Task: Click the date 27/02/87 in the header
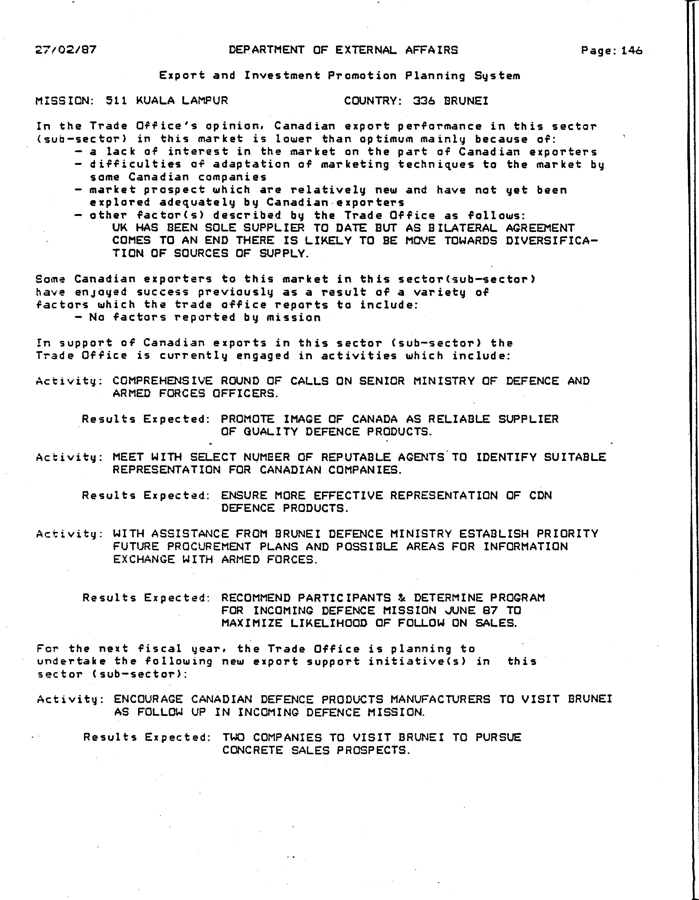pyautogui.click(x=66, y=50)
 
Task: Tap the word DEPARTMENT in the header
pyautogui.click(x=266, y=50)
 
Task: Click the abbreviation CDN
pyautogui.click(x=540, y=495)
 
